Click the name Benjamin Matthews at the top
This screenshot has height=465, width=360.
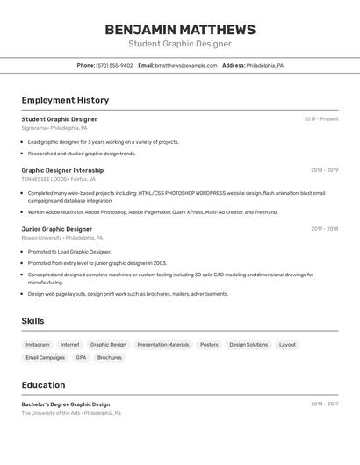(x=180, y=30)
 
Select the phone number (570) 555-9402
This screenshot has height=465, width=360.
(x=114, y=65)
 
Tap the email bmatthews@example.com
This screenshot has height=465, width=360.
(x=186, y=65)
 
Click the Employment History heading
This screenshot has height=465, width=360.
(x=65, y=100)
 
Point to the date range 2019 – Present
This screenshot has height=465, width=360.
(x=320, y=119)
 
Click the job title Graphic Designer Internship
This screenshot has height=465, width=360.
(x=62, y=170)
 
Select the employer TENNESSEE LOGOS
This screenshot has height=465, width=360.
(x=44, y=179)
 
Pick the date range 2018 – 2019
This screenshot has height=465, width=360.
(x=324, y=170)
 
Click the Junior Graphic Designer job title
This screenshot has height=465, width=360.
(x=57, y=229)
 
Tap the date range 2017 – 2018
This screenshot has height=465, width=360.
(x=324, y=229)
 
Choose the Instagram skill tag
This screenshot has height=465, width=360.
(x=38, y=345)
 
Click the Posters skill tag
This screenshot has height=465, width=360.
(x=209, y=345)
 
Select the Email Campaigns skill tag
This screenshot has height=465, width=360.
(x=45, y=358)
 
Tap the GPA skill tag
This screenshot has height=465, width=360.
(x=81, y=358)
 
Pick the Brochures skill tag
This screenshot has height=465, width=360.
(x=110, y=358)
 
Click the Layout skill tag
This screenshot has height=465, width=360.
(x=287, y=345)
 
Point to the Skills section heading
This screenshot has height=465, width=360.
(x=32, y=321)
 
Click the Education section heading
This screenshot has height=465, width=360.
(x=43, y=385)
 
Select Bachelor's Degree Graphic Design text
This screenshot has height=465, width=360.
(x=66, y=404)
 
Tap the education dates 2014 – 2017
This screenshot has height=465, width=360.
(x=324, y=404)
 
